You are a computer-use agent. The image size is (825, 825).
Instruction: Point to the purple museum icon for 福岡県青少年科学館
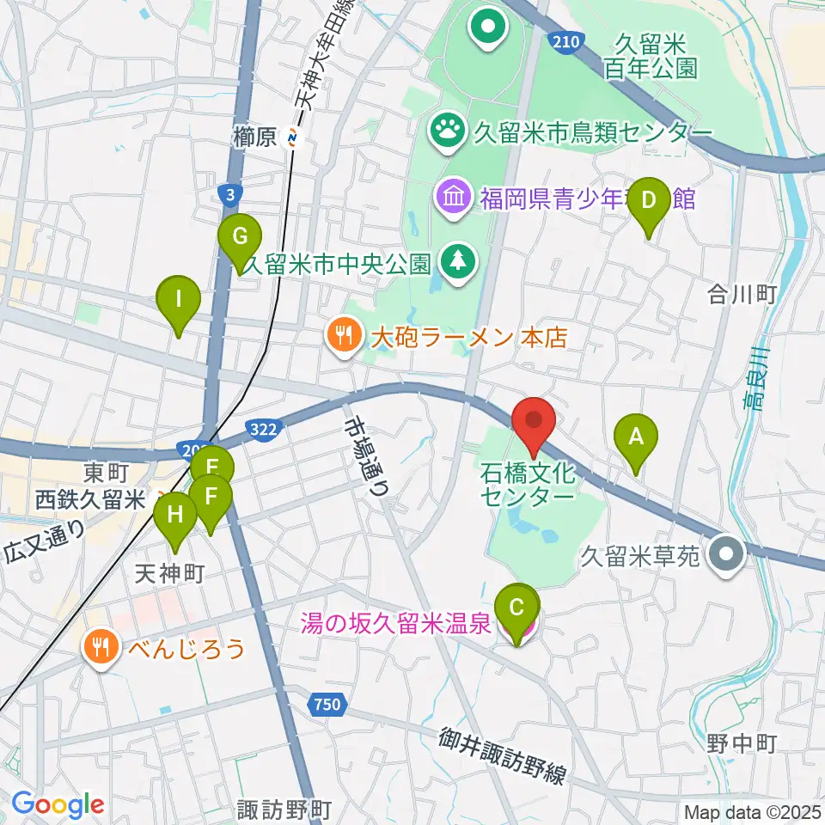click(453, 199)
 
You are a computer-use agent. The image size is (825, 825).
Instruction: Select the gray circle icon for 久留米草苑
click(727, 553)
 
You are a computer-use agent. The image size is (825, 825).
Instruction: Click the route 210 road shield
click(568, 40)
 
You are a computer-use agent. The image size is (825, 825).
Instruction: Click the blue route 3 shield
click(228, 196)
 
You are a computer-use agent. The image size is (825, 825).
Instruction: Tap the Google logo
click(58, 804)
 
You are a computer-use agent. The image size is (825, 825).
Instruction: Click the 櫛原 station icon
click(295, 135)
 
